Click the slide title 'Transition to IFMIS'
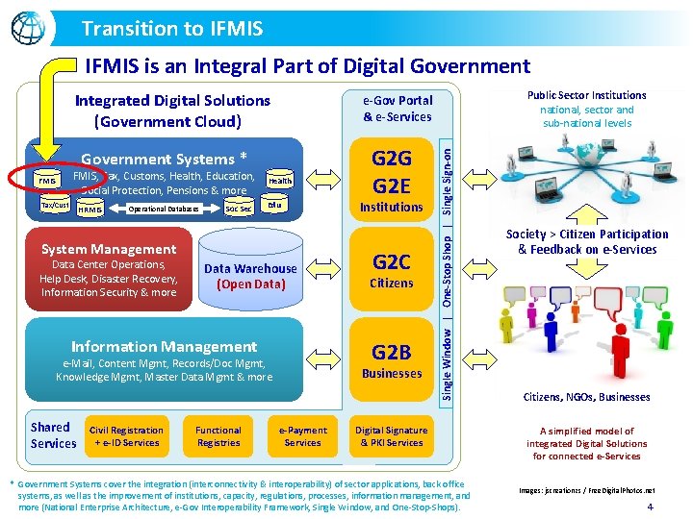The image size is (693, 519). [x=172, y=29]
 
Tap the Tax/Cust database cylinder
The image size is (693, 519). [x=55, y=206]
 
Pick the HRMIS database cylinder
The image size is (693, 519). [x=91, y=209]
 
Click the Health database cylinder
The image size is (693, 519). [x=279, y=181]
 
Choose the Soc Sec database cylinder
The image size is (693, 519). [x=238, y=209]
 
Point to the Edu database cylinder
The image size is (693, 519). [x=275, y=205]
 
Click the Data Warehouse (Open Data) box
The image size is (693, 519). [x=250, y=276]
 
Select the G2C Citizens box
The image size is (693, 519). [x=392, y=270]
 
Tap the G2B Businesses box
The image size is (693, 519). [x=392, y=360]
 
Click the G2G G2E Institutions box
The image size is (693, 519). [x=392, y=179]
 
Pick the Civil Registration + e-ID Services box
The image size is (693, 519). [x=126, y=436]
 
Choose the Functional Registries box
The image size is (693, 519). [x=218, y=436]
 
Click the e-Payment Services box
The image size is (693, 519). [x=302, y=436]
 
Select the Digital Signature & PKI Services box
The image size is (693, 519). [x=391, y=436]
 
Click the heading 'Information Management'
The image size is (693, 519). [x=164, y=346]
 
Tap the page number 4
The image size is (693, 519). [x=650, y=506]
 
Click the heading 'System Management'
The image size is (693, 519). [x=109, y=249]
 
